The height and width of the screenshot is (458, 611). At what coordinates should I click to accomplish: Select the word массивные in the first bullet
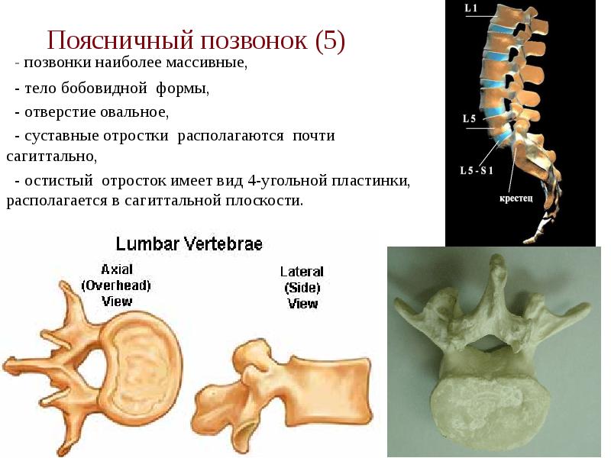coord(212,63)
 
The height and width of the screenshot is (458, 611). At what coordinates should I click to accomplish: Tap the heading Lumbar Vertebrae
coord(189,244)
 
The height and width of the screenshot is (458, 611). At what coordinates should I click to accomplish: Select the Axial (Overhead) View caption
coord(116,285)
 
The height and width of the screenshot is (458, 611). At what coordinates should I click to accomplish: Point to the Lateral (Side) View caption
coord(302,287)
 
